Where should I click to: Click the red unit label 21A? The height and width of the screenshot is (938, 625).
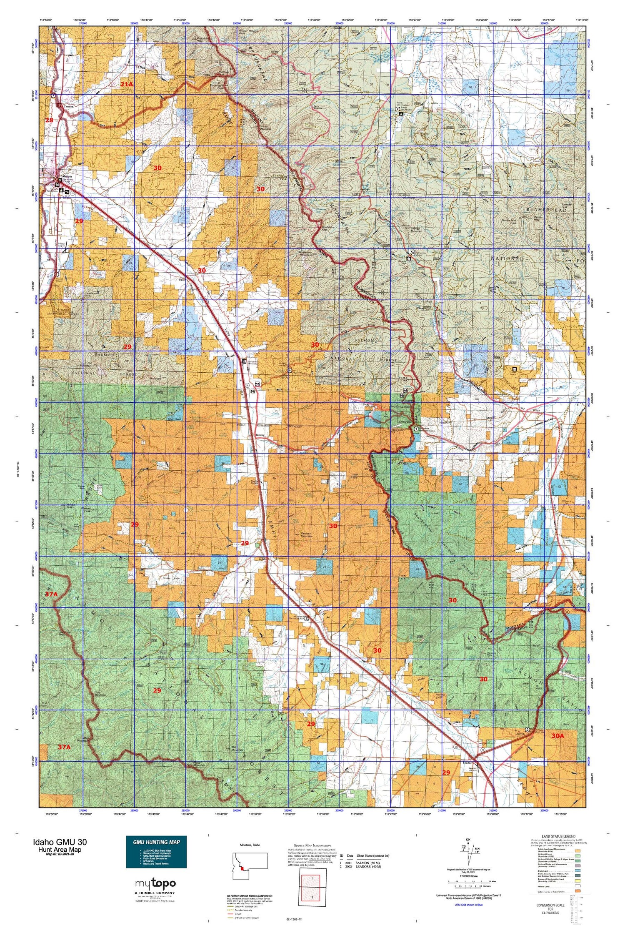(x=126, y=84)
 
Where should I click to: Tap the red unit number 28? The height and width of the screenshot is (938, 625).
(x=50, y=120)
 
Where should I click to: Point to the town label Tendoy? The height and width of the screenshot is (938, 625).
(x=260, y=434)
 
